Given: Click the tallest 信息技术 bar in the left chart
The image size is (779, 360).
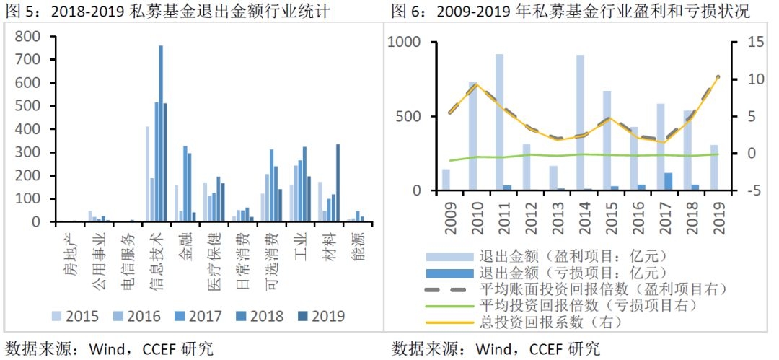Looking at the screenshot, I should (x=161, y=133).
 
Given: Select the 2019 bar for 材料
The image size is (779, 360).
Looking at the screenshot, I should (x=338, y=183).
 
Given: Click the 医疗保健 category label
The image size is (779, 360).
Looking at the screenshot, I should (x=214, y=253).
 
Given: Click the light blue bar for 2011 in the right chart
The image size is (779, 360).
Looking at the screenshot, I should (x=499, y=123).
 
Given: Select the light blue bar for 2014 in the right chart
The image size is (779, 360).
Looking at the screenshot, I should (x=580, y=123).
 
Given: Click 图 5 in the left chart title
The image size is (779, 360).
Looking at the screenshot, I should (x=17, y=12).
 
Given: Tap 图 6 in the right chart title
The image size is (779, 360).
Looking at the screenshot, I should (x=406, y=12).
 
